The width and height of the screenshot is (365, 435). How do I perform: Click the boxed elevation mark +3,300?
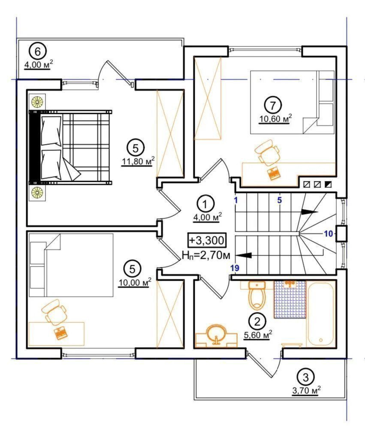(207, 240)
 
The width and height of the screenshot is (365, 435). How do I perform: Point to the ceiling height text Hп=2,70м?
(206, 255)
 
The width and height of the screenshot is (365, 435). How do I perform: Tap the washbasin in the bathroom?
(217, 337)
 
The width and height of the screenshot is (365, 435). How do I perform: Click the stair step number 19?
(235, 268)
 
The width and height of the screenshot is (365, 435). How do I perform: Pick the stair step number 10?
(329, 233)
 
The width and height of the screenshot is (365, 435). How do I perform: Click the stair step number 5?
(280, 200)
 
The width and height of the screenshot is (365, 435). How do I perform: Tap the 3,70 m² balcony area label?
(306, 391)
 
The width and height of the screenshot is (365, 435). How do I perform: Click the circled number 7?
(273, 105)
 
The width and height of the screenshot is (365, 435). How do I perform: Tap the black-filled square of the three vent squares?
(328, 184)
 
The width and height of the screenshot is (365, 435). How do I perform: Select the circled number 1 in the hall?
(205, 205)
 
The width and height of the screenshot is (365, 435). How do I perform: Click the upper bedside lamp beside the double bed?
(37, 101)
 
